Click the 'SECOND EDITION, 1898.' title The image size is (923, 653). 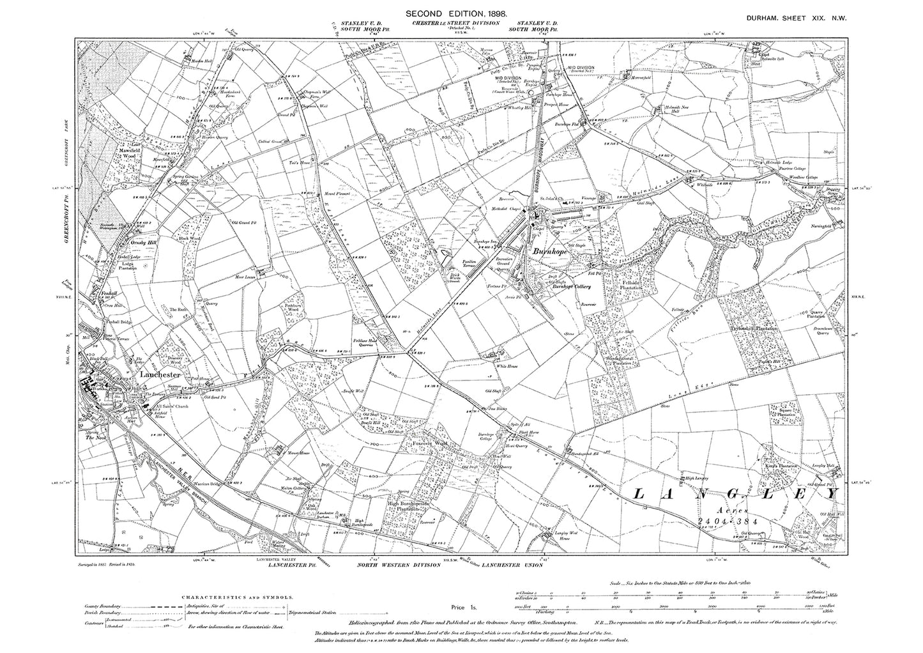[x=454, y=13]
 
